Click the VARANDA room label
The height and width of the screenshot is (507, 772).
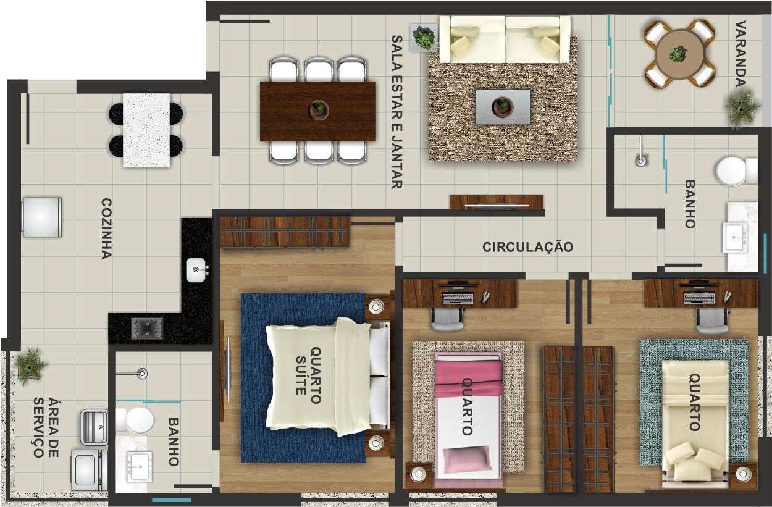click(x=741, y=54)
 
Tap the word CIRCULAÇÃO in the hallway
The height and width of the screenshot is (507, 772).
click(x=527, y=247)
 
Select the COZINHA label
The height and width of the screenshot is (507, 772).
click(x=106, y=228)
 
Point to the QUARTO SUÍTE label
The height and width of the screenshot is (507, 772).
click(x=308, y=375)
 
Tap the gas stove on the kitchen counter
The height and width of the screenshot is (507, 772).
click(x=147, y=328)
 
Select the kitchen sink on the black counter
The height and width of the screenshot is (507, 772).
click(x=196, y=270)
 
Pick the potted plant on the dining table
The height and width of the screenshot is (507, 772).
click(x=318, y=109)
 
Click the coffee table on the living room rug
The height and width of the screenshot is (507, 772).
click(x=503, y=107)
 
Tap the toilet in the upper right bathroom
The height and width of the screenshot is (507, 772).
click(x=736, y=171)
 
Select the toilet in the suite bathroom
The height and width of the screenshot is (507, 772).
click(x=135, y=420)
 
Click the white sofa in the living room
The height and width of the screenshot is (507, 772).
click(x=505, y=40)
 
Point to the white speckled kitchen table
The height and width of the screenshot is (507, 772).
click(x=146, y=130)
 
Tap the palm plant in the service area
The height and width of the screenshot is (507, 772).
click(x=30, y=366)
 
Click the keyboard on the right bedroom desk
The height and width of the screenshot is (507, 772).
click(x=700, y=298)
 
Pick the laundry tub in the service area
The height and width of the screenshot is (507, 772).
click(x=94, y=427)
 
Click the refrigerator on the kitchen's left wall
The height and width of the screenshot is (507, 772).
click(x=42, y=217)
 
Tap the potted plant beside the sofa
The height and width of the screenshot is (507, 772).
click(x=424, y=37)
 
